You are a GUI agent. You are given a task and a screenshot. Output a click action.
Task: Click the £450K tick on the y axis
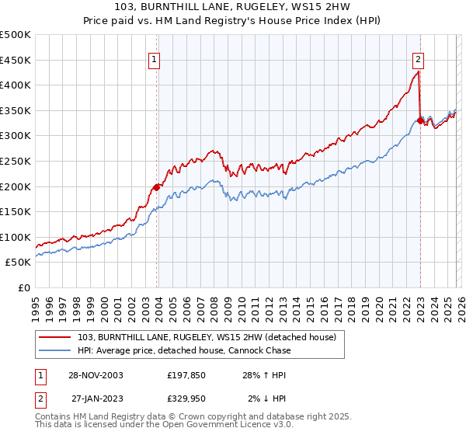[16, 60]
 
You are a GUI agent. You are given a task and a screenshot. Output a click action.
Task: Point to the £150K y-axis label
[16, 211]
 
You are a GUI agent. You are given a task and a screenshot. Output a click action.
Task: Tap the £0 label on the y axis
[24, 287]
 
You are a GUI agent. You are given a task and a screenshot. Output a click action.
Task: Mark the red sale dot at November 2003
[157, 186]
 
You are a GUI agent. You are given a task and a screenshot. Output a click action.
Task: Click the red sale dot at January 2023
[420, 120]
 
